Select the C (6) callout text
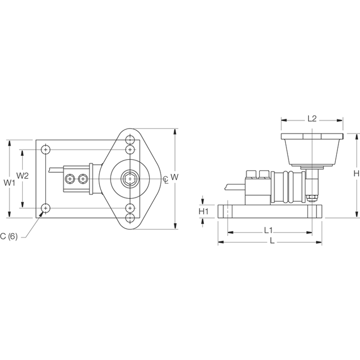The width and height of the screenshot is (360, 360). [x=9, y=236]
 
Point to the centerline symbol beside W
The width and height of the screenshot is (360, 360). [x=166, y=179]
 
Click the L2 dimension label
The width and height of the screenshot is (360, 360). [x=312, y=119]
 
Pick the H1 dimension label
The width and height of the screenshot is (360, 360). [x=204, y=211]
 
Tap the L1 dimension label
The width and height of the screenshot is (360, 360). [x=268, y=230]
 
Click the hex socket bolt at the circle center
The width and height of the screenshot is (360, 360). [x=130, y=179]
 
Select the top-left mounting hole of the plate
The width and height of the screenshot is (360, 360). [x=46, y=150]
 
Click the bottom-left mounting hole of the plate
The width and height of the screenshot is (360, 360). [x=46, y=208]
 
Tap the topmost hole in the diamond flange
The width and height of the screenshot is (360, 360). [x=130, y=139]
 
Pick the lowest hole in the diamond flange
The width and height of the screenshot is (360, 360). [x=130, y=218]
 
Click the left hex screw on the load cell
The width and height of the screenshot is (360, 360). [x=70, y=179]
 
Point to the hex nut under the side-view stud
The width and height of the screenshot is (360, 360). [x=312, y=197]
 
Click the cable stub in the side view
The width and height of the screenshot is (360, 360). [x=236, y=186]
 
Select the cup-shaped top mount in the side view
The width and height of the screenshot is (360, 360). [x=312, y=150]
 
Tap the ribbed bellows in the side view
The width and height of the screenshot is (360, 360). [x=289, y=187]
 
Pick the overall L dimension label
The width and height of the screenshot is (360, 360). [x=272, y=241]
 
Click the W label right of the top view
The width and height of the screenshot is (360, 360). [x=174, y=177]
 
